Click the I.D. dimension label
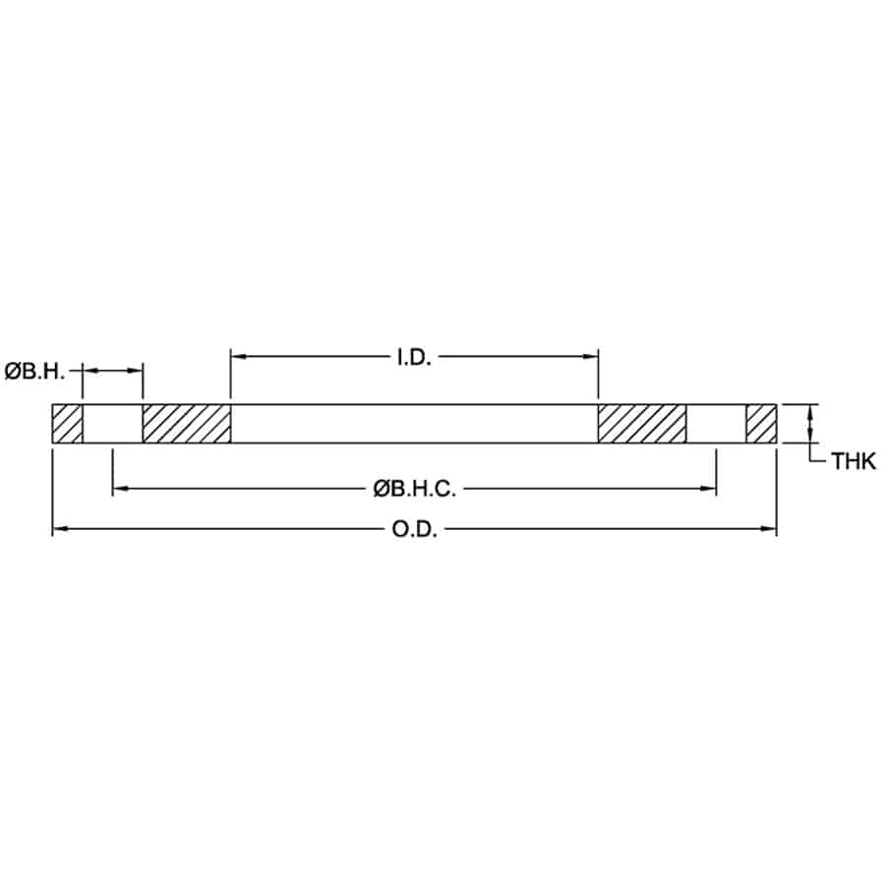tap(415, 357)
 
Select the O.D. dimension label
tap(414, 530)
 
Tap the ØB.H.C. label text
tap(414, 487)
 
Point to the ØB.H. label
tap(34, 371)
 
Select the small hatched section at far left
tap(67, 424)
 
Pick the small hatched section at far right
tap(761, 424)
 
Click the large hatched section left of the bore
tap(187, 424)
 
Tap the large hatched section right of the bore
tap(642, 424)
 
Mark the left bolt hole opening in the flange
tap(112, 424)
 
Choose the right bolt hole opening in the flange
tap(716, 424)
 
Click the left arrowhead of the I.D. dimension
tap(237, 357)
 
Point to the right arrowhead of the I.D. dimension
tap(592, 357)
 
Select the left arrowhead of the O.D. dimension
tap(58, 530)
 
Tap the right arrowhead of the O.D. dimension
tap(770, 530)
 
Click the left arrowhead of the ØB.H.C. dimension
tap(119, 487)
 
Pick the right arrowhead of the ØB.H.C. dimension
tap(709, 487)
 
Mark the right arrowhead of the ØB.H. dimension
tap(137, 371)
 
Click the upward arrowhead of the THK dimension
tap(809, 411)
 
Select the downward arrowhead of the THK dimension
tap(809, 437)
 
